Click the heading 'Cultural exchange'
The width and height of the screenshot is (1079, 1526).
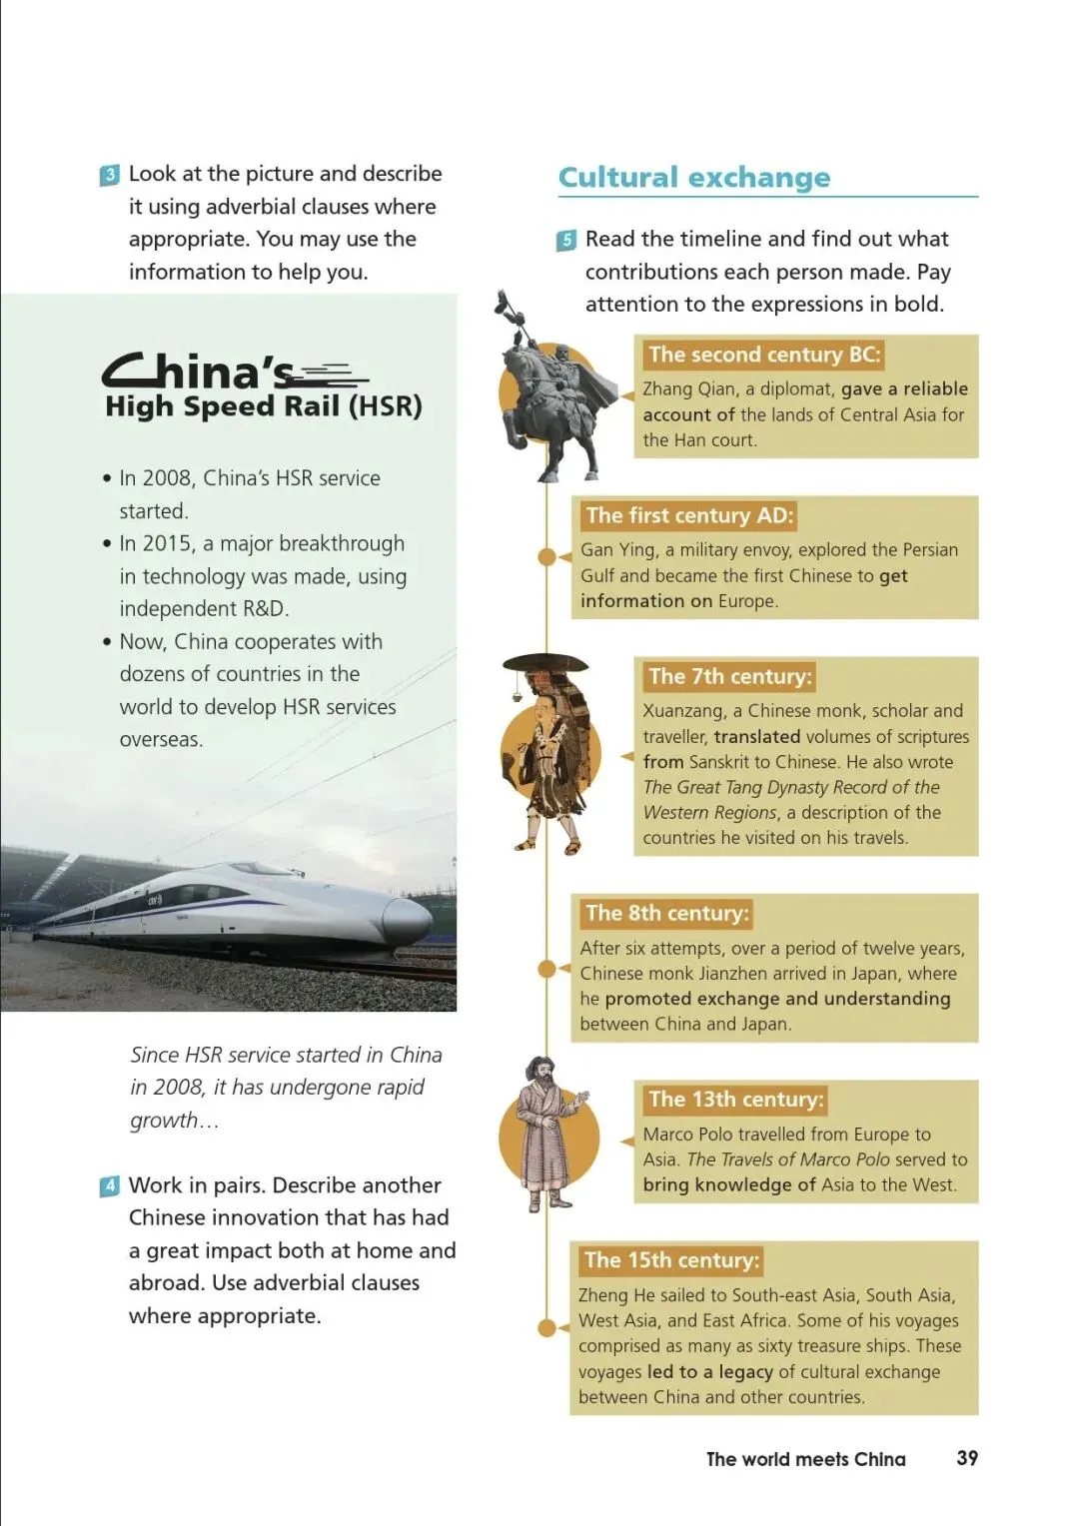point(693,178)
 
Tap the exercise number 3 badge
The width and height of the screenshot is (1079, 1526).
point(110,175)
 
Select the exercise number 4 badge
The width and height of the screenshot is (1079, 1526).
point(110,1186)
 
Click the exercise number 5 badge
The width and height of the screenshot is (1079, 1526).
point(566,240)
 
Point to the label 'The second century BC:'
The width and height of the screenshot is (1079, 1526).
point(764,355)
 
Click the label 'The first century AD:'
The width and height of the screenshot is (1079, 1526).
point(689,515)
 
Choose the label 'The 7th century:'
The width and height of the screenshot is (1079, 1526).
point(730,676)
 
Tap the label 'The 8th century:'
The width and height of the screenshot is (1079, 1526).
point(666,913)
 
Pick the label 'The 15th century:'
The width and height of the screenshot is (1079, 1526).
point(671,1260)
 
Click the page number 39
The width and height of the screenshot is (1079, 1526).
point(966,1458)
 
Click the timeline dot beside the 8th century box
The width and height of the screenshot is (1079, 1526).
point(546,968)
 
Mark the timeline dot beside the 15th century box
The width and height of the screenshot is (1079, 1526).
point(546,1327)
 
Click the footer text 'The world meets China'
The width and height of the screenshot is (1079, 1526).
point(805,1459)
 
